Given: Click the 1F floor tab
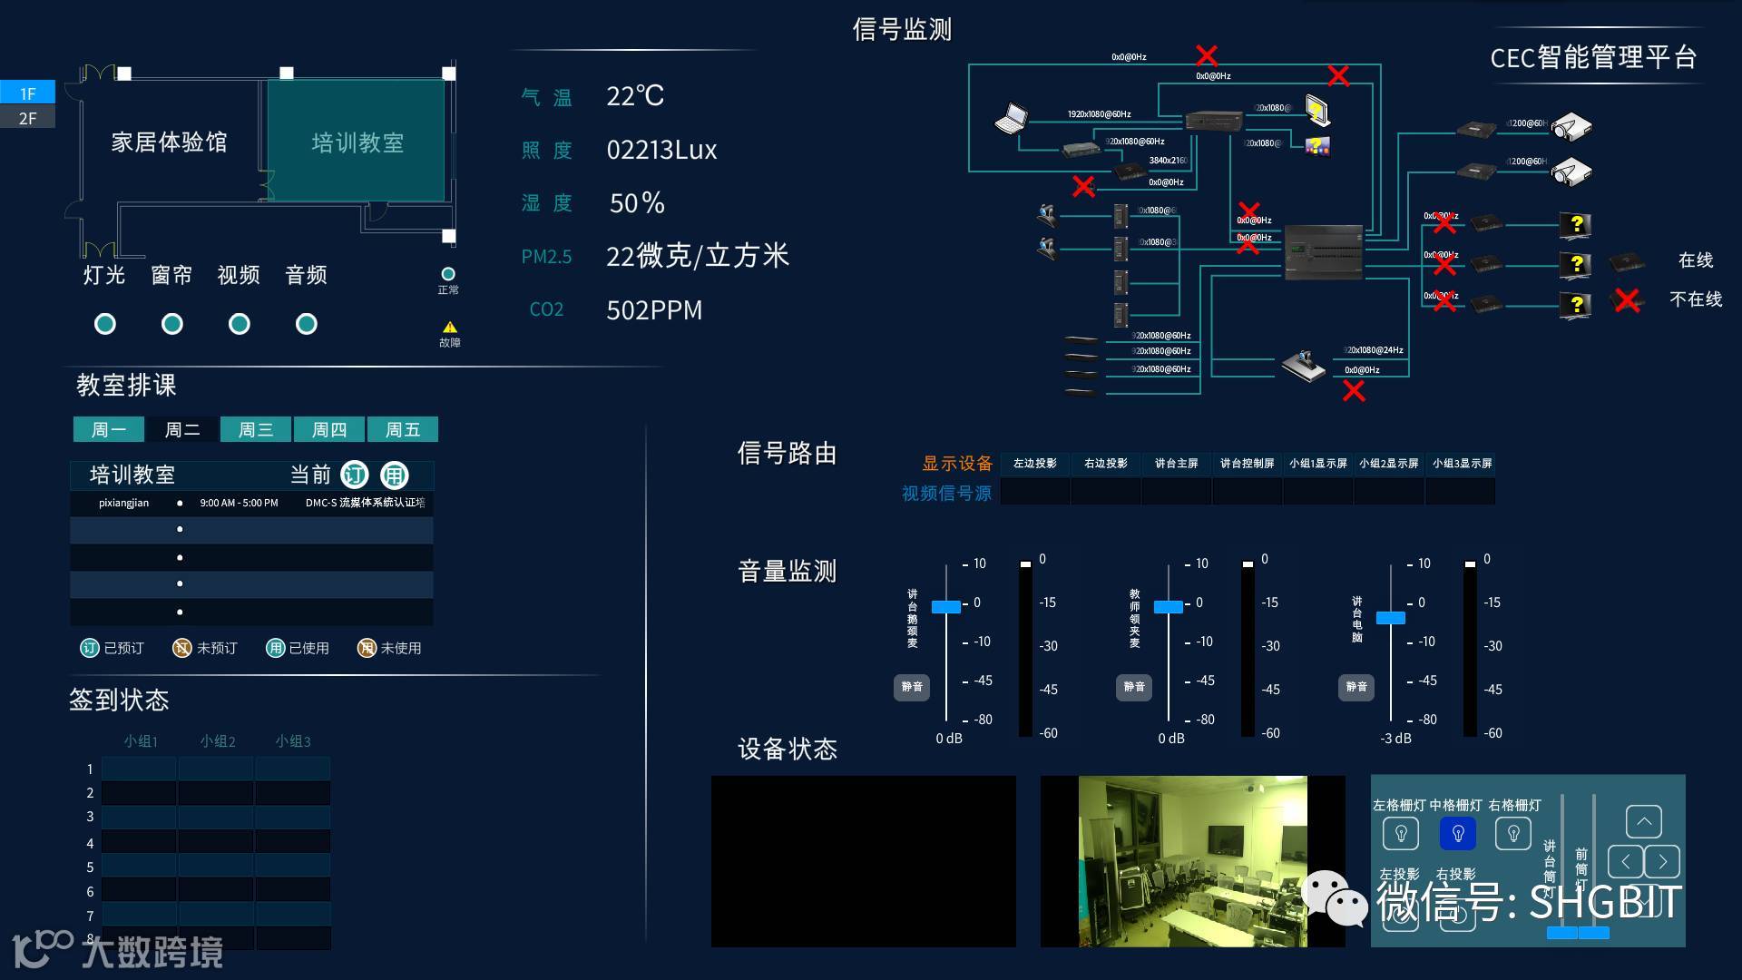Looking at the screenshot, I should pos(27,93).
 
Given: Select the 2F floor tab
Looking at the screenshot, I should pos(27,118).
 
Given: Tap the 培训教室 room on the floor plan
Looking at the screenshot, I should pos(357,142).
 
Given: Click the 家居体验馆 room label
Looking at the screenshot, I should pos(169,142).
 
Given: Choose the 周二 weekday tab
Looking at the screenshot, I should pos(182,429).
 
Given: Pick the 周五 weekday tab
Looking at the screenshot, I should pos(403,429).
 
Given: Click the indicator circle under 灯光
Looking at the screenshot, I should pos(105,324).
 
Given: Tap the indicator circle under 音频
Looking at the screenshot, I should pos(307,324).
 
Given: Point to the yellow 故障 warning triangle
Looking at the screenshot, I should pos(449,328).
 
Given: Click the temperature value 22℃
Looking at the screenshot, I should pos(635,96).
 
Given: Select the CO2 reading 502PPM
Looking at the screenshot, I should pos(654,310).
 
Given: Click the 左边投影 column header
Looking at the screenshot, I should pos(1034,464).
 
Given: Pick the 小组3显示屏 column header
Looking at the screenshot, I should pos(1462,464).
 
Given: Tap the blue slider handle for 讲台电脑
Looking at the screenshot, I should pos(1390,618).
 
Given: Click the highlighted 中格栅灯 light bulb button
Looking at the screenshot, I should pos(1458,833).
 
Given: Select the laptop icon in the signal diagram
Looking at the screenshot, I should pos(1011,119).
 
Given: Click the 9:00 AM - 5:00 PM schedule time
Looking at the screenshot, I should pos(239,503).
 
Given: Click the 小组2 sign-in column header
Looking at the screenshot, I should pos(218,741).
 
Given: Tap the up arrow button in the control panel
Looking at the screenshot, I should pos(1643,821).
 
